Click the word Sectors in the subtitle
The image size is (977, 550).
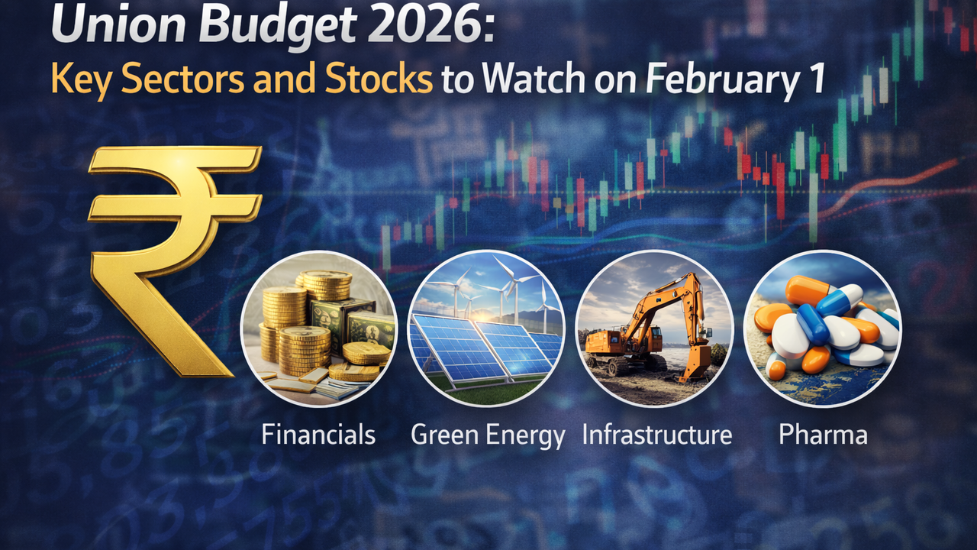[x=182, y=79]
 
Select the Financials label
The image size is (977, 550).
[x=318, y=435]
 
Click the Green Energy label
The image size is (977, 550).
[x=488, y=435]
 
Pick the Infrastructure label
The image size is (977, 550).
[x=657, y=435]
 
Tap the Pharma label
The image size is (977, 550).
[x=823, y=435]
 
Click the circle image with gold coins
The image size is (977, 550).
[x=319, y=328]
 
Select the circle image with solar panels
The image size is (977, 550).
[x=486, y=328]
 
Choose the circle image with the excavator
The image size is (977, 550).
[x=654, y=328]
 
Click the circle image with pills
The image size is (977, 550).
[x=822, y=328]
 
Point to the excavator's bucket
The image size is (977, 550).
[x=695, y=364]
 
